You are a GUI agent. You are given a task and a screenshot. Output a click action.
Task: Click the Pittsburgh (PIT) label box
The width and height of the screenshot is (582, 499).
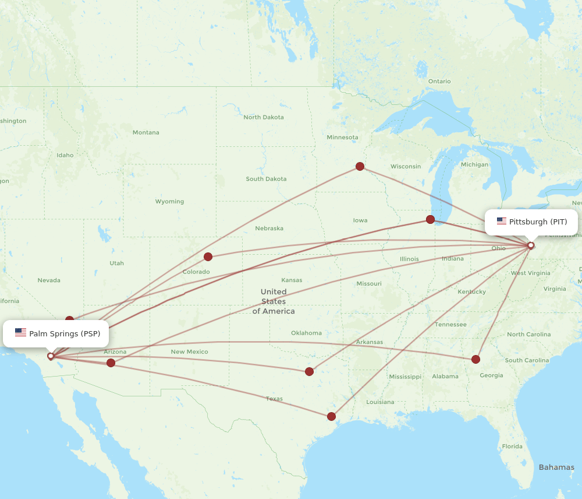(x=531, y=222)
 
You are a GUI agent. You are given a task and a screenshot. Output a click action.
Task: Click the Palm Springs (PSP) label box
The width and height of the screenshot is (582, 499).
(x=56, y=333)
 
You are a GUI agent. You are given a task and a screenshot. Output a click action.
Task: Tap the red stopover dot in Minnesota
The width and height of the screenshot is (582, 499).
(x=360, y=166)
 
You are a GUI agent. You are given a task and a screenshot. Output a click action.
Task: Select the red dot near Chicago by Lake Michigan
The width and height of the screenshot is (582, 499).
(x=430, y=219)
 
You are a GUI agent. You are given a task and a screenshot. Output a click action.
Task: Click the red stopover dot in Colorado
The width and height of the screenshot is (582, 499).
(x=208, y=256)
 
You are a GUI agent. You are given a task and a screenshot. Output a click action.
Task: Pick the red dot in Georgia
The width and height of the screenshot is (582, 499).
(x=476, y=359)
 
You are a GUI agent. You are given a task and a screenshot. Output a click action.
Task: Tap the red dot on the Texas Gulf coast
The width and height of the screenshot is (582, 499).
(x=331, y=416)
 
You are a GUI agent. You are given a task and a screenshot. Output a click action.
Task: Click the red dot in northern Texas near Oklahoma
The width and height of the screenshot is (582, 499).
(x=309, y=371)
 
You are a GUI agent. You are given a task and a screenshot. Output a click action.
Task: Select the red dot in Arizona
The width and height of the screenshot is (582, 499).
(x=111, y=363)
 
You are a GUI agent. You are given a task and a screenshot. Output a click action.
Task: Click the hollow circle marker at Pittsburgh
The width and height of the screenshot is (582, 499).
(x=530, y=245)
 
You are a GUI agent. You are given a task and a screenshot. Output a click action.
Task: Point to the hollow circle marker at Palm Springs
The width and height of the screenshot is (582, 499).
(x=51, y=356)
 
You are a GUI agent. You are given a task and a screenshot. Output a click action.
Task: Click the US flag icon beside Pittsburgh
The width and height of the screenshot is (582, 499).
(x=501, y=222)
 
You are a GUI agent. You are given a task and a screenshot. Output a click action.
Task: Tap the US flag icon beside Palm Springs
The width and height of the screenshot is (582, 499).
(x=21, y=333)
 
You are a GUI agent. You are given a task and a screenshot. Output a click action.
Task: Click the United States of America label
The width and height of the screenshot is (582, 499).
(x=273, y=301)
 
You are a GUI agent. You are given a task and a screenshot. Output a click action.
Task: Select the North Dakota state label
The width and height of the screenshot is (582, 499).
(x=264, y=117)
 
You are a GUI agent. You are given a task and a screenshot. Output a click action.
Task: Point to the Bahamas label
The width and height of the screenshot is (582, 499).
(x=556, y=467)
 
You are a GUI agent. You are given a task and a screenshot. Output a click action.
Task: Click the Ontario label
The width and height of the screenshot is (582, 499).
(x=439, y=81)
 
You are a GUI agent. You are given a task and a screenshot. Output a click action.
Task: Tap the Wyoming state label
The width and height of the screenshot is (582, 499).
(x=169, y=202)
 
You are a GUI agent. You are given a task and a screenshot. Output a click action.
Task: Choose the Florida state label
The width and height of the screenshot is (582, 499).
(x=512, y=447)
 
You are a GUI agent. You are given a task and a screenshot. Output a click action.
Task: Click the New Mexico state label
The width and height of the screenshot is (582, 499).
(x=189, y=352)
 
